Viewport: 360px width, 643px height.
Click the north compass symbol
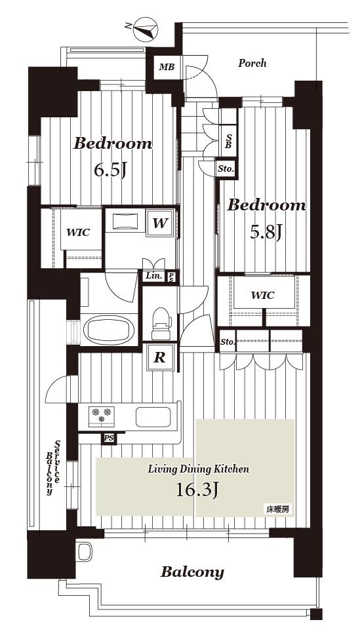144,29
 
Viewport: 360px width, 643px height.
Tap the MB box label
167,67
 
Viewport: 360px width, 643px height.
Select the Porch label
252,63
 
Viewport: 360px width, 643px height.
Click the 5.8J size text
266,233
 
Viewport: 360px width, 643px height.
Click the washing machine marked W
160,223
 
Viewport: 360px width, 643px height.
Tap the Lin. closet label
153,277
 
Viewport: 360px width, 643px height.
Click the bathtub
109,330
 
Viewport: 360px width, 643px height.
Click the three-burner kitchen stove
101,416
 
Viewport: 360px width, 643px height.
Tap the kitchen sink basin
153,417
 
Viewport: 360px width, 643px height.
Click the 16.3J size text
197,490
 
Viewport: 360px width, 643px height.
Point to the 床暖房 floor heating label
278,510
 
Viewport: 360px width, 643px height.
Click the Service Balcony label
53,467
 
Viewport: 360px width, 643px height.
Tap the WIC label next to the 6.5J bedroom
78,233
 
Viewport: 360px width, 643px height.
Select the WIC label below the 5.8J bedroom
262,295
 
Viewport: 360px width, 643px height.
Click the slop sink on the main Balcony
85,551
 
